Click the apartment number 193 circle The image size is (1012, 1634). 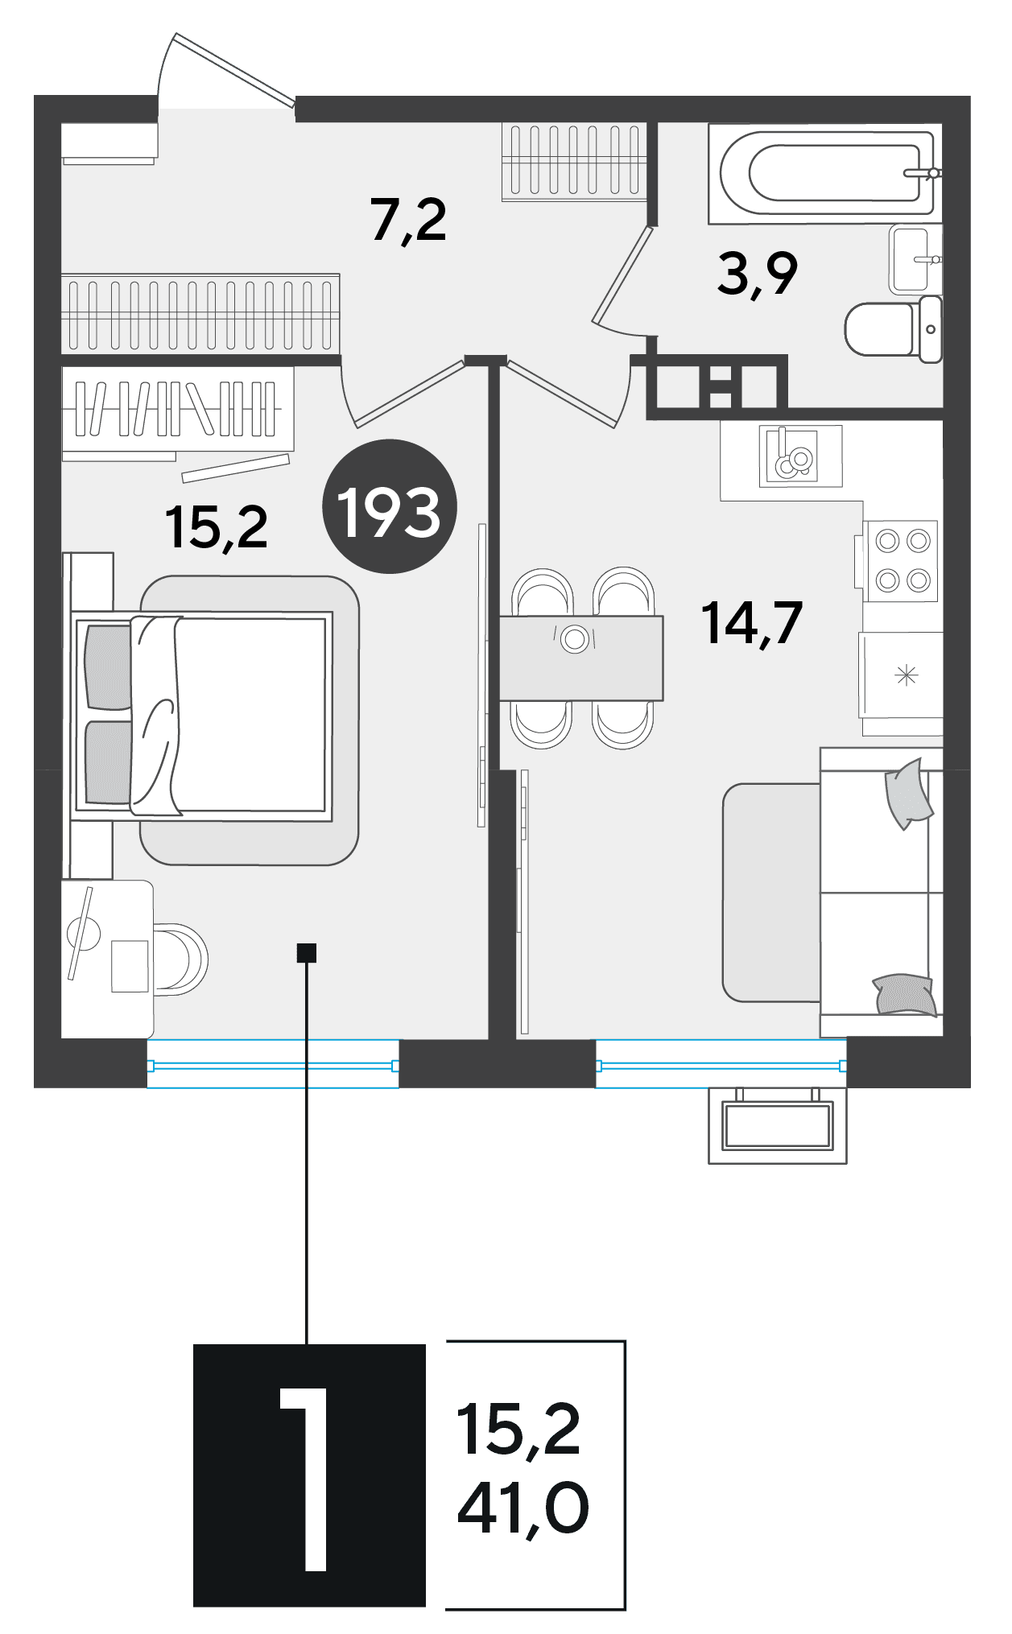point(390,506)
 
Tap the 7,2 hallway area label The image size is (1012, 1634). point(409,221)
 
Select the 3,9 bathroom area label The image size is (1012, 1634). point(758,274)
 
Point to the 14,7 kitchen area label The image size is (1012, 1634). point(752,623)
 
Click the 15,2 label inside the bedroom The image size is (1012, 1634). point(216,527)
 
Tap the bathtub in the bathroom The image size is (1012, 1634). point(824,173)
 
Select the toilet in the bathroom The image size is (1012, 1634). point(894,328)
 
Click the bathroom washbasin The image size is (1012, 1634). point(915,260)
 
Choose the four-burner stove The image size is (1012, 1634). point(901,561)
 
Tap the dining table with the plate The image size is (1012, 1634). point(581,658)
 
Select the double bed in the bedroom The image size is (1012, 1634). point(202,716)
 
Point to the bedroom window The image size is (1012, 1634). point(273,1064)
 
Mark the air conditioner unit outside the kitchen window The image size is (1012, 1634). point(777,1125)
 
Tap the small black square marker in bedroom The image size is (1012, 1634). point(307,953)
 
